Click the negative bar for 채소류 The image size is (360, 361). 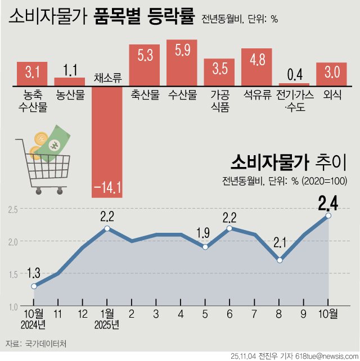pyautogui.click(x=107, y=141)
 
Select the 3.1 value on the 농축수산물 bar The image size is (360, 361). pyautogui.click(x=32, y=72)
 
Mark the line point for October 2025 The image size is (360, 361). pyautogui.click(x=328, y=215)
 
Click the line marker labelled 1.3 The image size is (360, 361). pyautogui.click(x=34, y=286)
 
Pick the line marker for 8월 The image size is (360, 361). pyautogui.click(x=279, y=260)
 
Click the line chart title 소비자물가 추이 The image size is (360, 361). pyautogui.click(x=287, y=164)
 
